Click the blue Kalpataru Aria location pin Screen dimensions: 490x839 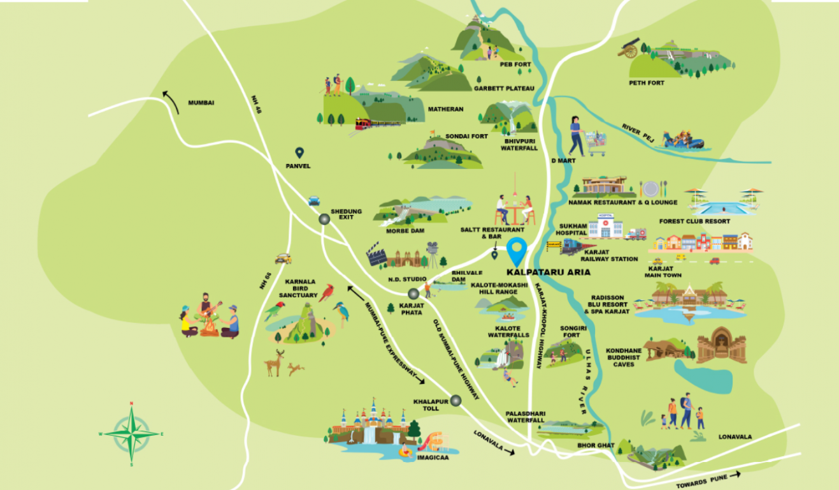pos(517,250)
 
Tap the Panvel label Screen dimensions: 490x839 pos(298,166)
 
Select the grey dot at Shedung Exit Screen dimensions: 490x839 pos(324,219)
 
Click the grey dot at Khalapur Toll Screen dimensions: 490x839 pos(455,401)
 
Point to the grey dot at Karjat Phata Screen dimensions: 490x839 pos(413,293)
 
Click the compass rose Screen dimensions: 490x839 pos(131,434)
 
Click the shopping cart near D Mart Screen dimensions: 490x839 pos(596,144)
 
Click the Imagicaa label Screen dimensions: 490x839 pos(433,457)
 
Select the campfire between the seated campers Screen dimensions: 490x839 pos(209,327)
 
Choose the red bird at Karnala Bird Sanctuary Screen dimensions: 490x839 pos(327,292)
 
